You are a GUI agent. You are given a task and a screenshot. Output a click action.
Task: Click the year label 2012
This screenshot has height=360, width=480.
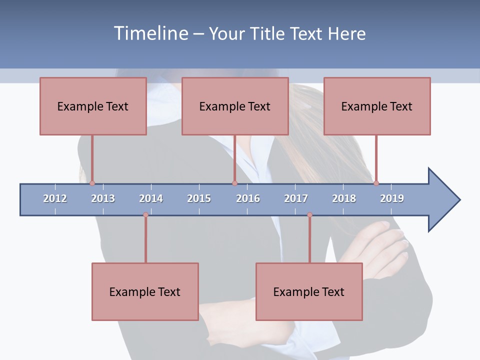pyautogui.click(x=55, y=198)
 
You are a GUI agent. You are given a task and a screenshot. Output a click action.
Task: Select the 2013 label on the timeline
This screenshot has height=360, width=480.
pyautogui.click(x=103, y=198)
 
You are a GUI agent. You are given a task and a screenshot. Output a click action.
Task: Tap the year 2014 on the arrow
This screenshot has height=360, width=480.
pyautogui.click(x=151, y=198)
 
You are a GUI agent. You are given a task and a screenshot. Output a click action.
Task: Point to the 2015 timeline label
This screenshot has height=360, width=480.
pyautogui.click(x=199, y=198)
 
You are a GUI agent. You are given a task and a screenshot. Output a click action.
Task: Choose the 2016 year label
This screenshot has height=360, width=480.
pyautogui.click(x=248, y=198)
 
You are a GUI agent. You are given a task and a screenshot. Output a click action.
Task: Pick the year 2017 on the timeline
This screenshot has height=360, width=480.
pyautogui.click(x=296, y=198)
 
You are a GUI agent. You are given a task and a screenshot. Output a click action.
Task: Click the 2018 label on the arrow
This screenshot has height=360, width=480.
pyautogui.click(x=344, y=198)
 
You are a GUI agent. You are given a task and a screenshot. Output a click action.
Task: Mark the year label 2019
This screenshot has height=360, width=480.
pyautogui.click(x=392, y=198)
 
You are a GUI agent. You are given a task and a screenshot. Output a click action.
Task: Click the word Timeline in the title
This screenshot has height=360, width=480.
pyautogui.click(x=149, y=33)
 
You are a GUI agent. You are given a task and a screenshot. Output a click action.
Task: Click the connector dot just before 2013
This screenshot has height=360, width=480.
pyautogui.click(x=92, y=183)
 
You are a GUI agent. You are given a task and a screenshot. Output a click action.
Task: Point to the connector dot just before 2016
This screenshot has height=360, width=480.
pyautogui.click(x=234, y=183)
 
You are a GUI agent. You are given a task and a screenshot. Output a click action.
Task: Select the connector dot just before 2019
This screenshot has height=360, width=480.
pyautogui.click(x=376, y=183)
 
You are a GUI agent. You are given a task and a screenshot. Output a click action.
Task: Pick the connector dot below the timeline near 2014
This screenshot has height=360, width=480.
pyautogui.click(x=145, y=215)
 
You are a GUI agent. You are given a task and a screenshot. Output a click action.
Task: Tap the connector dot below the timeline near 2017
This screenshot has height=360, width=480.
pyautogui.click(x=309, y=215)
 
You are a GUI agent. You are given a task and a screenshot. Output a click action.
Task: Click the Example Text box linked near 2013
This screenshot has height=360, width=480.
pyautogui.click(x=93, y=106)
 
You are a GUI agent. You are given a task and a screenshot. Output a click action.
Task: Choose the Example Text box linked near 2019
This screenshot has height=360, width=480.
pyautogui.click(x=377, y=106)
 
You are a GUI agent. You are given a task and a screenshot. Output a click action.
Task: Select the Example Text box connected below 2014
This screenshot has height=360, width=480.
pyautogui.click(x=145, y=291)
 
